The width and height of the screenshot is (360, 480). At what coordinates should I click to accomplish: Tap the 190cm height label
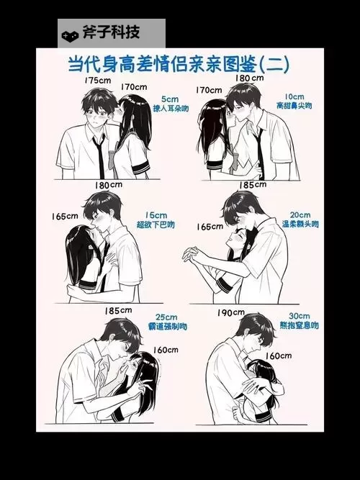[x=230, y=313]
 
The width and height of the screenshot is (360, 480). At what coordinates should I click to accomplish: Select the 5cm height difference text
[x=170, y=99]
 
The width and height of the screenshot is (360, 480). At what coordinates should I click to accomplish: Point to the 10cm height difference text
[x=294, y=96]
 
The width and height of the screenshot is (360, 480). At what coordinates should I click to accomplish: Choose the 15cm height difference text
[x=156, y=214]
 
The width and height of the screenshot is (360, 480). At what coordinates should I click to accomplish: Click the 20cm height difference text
[x=300, y=214]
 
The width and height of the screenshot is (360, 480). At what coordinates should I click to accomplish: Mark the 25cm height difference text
[x=166, y=317]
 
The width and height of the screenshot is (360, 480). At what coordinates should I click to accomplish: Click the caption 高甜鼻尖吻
[x=294, y=106]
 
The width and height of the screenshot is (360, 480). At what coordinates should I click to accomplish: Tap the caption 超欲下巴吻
[x=156, y=225]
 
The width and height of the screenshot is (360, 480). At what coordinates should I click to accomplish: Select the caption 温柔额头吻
[x=300, y=225]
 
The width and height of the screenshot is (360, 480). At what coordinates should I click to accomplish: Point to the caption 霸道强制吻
[x=167, y=327]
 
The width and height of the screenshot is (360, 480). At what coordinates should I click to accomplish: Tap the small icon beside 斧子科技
[x=70, y=34]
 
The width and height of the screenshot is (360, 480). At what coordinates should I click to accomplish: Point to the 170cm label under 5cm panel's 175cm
[x=134, y=87]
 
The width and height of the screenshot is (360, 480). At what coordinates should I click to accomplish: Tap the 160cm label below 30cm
[x=279, y=356]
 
